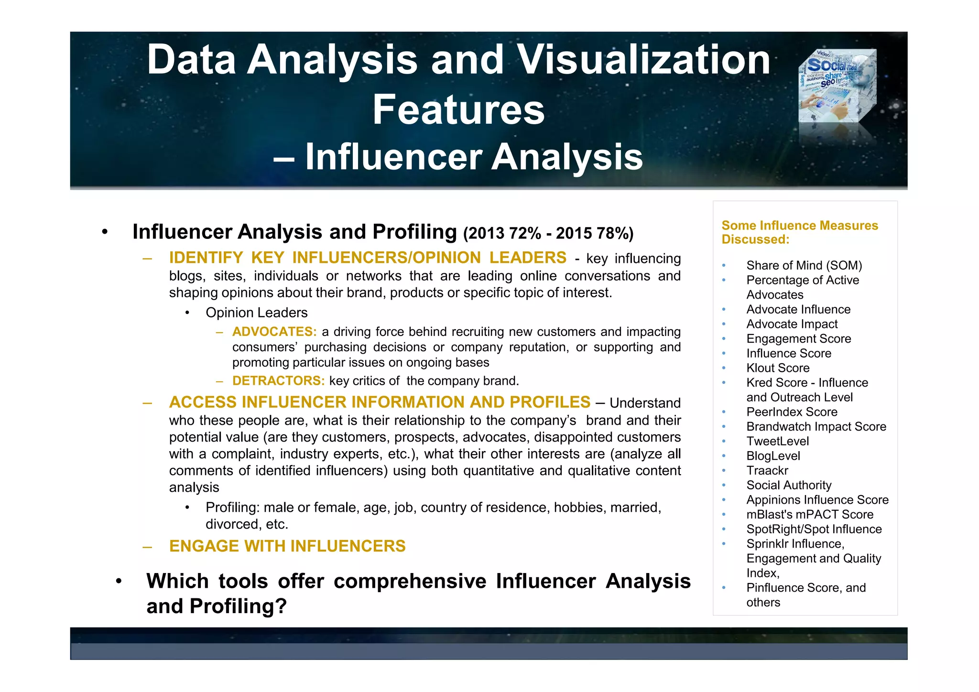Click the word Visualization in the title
644,60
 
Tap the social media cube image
837,86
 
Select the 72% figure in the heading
525,233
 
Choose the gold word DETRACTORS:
278,381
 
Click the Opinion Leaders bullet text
256,313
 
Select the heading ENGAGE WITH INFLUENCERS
287,546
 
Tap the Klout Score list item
778,368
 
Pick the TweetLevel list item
777,441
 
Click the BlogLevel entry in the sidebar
773,456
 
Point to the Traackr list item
767,471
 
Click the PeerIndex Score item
792,412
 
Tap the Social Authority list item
789,485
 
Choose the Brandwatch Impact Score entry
816,427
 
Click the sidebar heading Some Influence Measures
800,226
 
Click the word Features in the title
458,110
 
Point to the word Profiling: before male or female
232,508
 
